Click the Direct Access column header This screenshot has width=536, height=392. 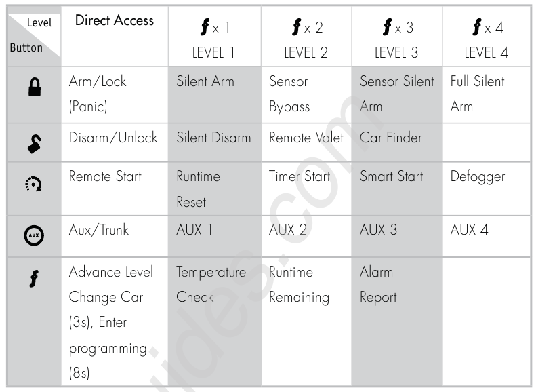[x=114, y=20]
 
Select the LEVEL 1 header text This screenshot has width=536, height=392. [x=213, y=53]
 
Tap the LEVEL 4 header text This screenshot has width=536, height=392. [x=486, y=53]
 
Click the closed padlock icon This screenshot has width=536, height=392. [x=35, y=87]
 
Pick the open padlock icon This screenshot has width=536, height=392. [x=35, y=143]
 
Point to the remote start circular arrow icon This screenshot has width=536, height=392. [x=33, y=184]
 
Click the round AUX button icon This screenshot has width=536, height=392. [x=34, y=235]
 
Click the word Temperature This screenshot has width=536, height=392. [x=211, y=273]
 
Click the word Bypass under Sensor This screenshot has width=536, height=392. [x=289, y=107]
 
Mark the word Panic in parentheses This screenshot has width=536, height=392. [x=88, y=106]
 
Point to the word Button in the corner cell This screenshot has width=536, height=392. [x=26, y=47]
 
